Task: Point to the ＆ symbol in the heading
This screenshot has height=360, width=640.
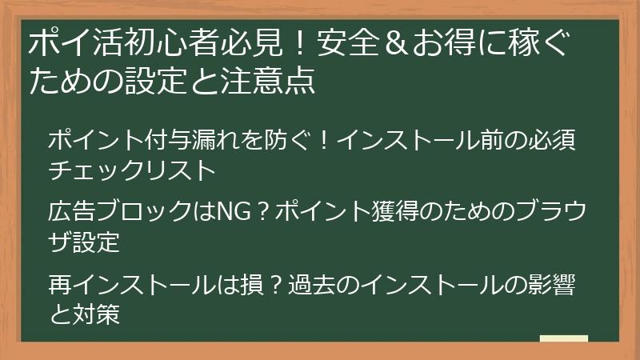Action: click(389, 44)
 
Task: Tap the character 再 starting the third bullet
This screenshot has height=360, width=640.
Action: click(59, 284)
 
